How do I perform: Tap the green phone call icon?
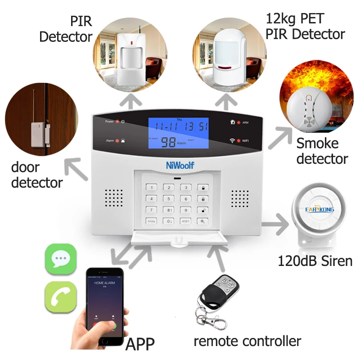pos(60,297)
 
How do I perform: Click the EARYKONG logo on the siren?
pos(319,208)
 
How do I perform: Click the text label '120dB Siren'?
pos(315,260)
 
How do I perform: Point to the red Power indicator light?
pos(117,121)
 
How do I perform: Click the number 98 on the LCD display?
pos(169,141)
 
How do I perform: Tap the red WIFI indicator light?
pos(239,141)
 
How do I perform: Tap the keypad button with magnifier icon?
pos(202,221)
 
